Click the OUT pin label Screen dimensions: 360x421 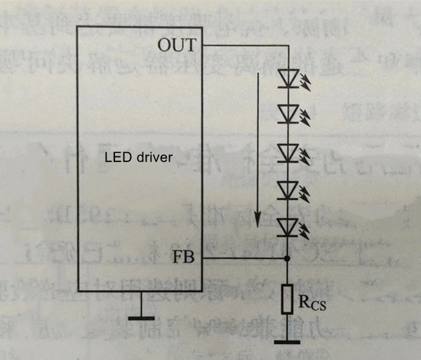point(180,46)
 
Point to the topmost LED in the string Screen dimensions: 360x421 point(287,78)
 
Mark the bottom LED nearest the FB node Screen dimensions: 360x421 point(287,227)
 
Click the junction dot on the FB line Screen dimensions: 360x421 point(287,258)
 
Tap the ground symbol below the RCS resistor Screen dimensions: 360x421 point(287,342)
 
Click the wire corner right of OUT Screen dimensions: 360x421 point(287,46)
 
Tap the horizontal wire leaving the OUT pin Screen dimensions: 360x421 point(246,46)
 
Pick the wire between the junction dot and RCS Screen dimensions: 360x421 point(287,272)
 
